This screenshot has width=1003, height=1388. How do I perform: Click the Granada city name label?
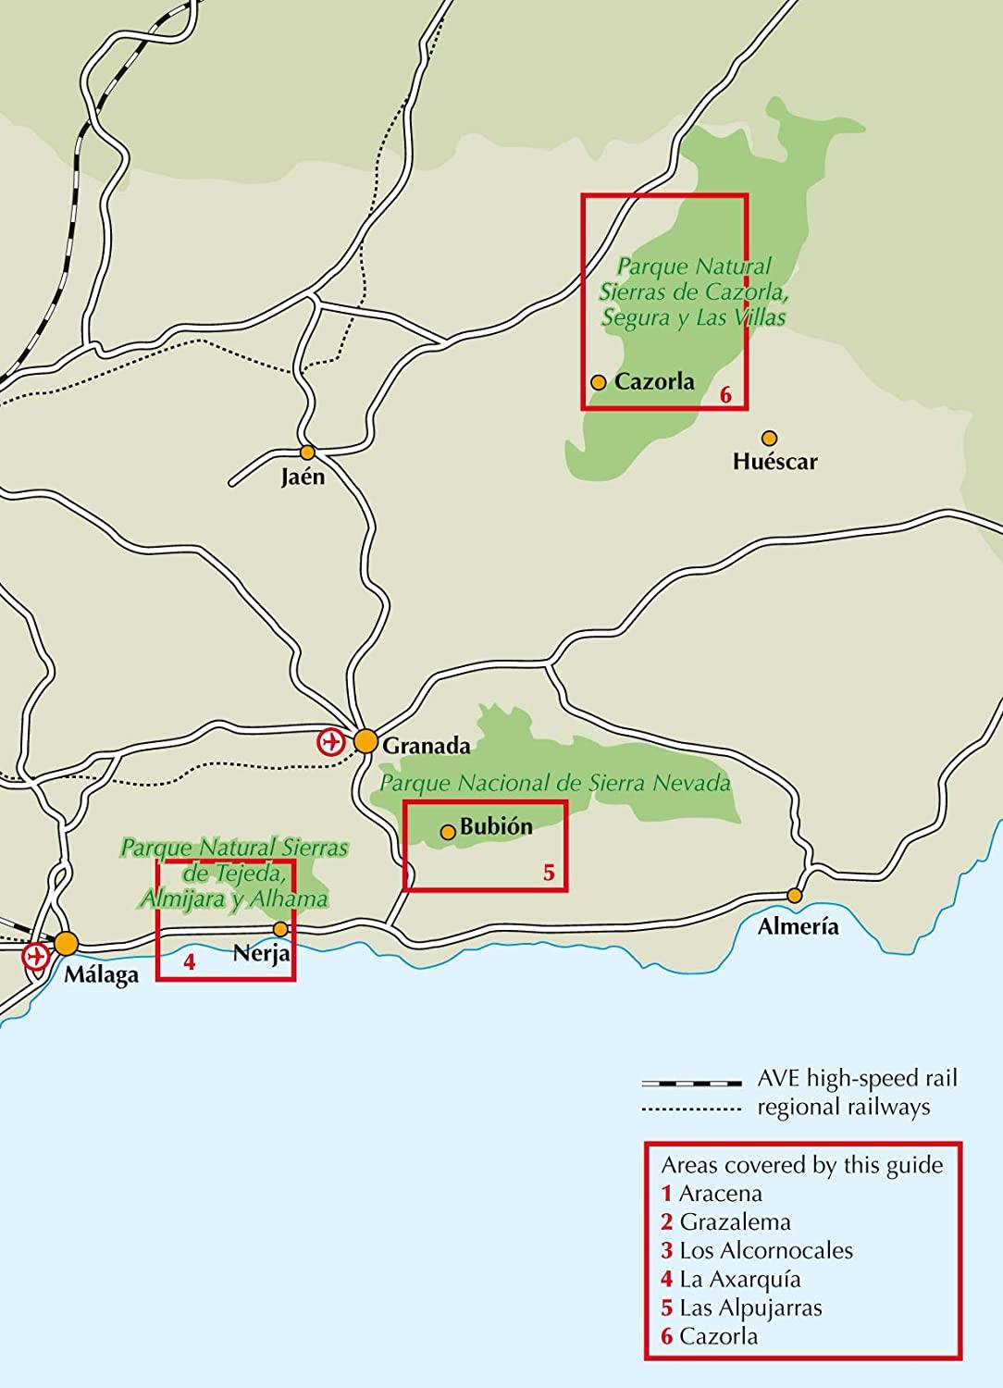point(427,745)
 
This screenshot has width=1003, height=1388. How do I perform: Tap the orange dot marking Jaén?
point(308,452)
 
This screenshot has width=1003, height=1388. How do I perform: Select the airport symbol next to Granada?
point(329,741)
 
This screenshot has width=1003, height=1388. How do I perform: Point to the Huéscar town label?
point(774,461)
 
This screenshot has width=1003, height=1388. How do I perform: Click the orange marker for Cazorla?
point(599,382)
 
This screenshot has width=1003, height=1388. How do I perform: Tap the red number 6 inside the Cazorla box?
point(725,395)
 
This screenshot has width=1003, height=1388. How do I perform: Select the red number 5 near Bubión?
point(549,873)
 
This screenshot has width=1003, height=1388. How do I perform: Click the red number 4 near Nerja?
point(189,961)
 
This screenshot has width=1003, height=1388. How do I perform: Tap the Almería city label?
point(798,926)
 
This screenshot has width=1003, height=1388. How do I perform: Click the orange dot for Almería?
point(794,895)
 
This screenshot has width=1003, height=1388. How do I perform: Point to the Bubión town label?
point(497,827)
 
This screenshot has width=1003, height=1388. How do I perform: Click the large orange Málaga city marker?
point(66,944)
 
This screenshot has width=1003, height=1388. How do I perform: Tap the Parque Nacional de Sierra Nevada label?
point(556,784)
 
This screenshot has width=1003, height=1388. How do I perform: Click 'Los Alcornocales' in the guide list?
point(765,1250)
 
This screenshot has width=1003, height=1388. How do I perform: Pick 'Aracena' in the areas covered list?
point(720,1193)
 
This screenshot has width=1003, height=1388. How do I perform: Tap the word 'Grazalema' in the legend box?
point(735,1221)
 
